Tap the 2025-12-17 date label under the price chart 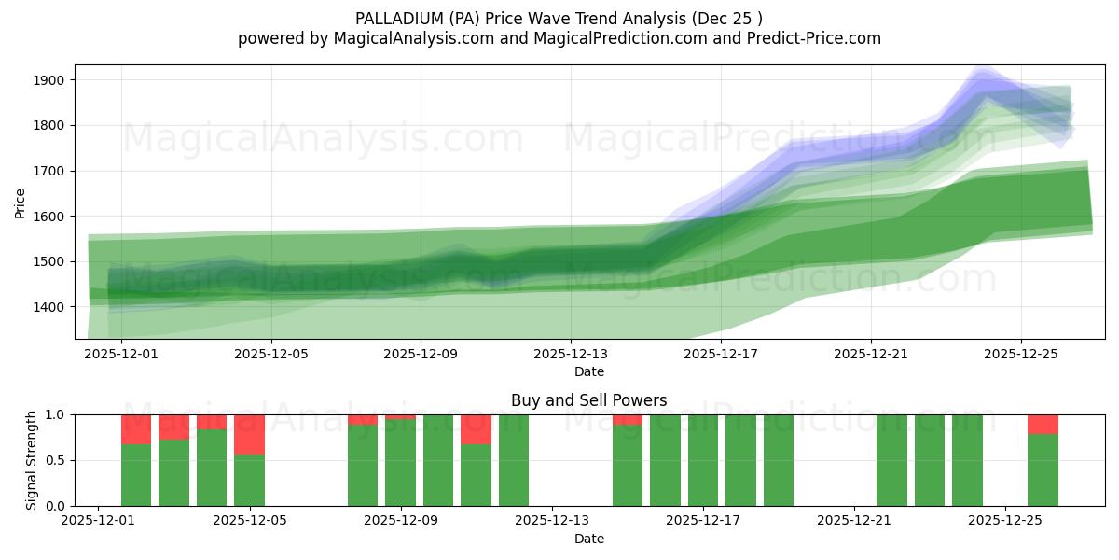721,355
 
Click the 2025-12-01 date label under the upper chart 121,355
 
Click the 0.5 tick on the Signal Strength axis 55,460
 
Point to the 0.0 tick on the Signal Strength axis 55,506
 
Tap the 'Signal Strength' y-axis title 33,460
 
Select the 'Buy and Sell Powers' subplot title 588,400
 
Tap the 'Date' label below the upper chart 588,371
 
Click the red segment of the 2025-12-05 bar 249,434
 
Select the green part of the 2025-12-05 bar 249,480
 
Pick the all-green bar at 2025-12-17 703,460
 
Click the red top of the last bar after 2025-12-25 1043,424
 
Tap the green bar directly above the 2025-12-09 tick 400,463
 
